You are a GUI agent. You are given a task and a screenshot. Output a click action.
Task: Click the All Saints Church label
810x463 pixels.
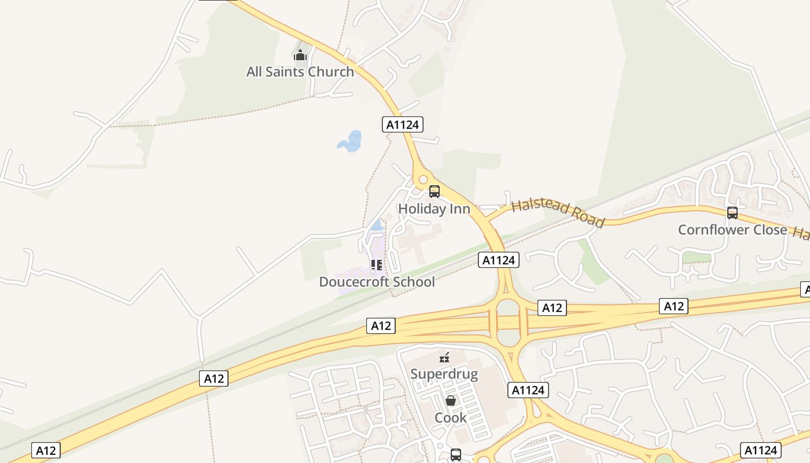[x=300, y=72]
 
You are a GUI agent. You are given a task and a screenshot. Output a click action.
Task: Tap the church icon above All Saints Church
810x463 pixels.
[x=300, y=56]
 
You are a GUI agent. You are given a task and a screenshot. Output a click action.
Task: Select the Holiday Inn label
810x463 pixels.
[x=434, y=208]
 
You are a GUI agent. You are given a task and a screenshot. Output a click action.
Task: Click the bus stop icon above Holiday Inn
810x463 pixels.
[x=434, y=192]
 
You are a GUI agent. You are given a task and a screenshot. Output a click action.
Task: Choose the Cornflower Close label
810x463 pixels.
[x=732, y=230]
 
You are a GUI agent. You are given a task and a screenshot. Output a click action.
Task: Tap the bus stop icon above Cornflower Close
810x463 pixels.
[x=732, y=213]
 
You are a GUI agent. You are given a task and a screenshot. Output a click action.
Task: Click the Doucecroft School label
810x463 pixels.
[x=377, y=282]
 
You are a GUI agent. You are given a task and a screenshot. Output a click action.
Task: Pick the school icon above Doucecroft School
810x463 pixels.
[x=377, y=265]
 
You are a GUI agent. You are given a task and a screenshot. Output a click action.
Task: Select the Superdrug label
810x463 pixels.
[x=444, y=373]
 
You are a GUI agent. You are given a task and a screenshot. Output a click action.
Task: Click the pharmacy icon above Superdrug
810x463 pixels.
[x=444, y=357]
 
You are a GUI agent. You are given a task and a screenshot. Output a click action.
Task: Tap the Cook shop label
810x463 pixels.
[x=451, y=417]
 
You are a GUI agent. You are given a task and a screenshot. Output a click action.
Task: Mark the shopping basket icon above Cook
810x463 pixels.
[x=451, y=400]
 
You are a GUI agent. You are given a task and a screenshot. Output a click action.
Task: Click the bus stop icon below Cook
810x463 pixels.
[x=456, y=455]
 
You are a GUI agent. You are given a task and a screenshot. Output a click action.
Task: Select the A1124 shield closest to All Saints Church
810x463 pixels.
[x=403, y=124]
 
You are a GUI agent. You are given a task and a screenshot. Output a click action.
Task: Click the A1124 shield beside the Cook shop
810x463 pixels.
[x=528, y=390]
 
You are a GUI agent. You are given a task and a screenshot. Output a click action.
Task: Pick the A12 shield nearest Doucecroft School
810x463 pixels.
[x=381, y=326]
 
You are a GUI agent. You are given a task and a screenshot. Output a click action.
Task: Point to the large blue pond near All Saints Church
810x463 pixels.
[x=351, y=141]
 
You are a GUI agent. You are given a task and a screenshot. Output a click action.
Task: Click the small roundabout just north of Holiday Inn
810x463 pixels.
[x=423, y=179]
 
